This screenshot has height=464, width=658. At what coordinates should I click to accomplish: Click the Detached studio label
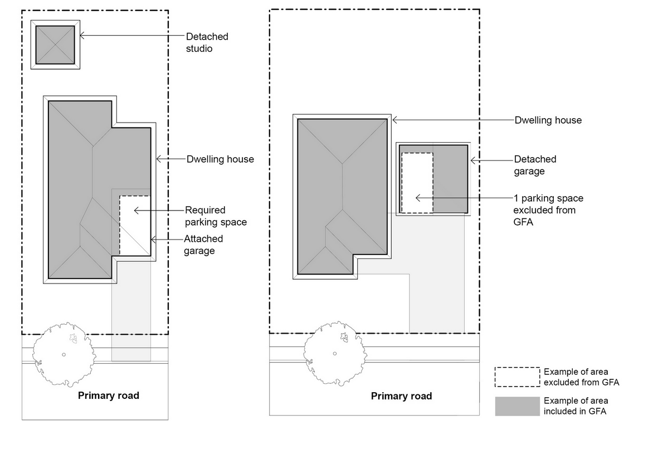tap(207, 43)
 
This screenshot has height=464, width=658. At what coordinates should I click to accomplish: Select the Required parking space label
tap(215, 216)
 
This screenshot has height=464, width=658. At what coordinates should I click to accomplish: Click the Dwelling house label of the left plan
tap(220, 159)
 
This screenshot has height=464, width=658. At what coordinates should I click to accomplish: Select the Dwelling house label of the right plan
tap(548, 120)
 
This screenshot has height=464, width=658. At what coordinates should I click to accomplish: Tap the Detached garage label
tap(535, 165)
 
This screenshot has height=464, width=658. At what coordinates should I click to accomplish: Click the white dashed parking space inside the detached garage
tap(417, 183)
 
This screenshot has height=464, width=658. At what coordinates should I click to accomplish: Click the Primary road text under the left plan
tap(108, 396)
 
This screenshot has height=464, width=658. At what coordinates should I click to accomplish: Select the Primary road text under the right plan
tap(401, 397)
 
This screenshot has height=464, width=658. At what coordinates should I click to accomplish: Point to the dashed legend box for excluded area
tap(517, 377)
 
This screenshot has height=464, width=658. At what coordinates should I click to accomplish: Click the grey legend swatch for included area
tap(517, 406)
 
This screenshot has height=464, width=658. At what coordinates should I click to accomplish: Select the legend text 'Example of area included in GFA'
tap(576, 406)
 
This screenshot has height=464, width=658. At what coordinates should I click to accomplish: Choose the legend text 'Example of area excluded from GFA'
tap(581, 377)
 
